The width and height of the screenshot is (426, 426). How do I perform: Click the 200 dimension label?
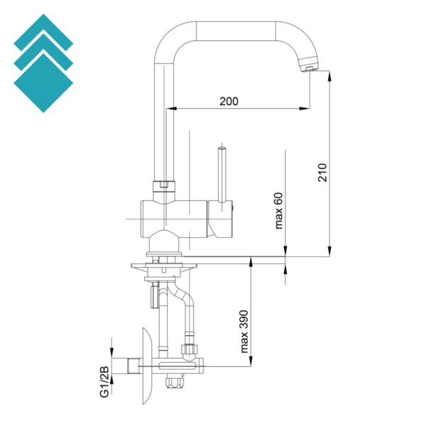coord(229,102)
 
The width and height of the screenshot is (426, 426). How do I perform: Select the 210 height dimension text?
coord(322,173)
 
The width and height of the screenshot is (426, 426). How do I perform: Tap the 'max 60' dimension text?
coord(279,211)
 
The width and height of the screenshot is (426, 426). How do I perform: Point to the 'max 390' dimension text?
coord(244,332)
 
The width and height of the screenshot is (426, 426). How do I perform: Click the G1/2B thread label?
coord(104,382)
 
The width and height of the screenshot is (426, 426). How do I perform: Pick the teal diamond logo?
coord(43,63)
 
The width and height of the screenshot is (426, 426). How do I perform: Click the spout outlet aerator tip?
coord(309,68)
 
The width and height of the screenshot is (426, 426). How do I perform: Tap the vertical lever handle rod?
coord(222,175)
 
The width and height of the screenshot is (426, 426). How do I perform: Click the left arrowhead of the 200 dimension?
coord(170,109)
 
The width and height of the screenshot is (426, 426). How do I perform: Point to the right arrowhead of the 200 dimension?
coord(305,109)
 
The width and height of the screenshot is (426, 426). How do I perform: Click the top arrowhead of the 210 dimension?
coord(329,76)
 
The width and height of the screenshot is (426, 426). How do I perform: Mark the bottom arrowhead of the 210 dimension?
coord(329,251)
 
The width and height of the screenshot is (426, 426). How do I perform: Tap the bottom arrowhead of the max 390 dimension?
coord(251,361)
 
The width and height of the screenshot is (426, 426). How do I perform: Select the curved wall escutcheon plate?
coord(147,366)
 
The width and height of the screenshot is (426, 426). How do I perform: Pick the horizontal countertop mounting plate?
coord(164,266)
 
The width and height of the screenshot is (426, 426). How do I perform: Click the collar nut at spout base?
coord(164,186)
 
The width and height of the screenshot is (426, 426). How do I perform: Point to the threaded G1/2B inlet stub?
coord(135,366)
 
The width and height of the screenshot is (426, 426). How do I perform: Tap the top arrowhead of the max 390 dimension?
coord(251,262)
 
